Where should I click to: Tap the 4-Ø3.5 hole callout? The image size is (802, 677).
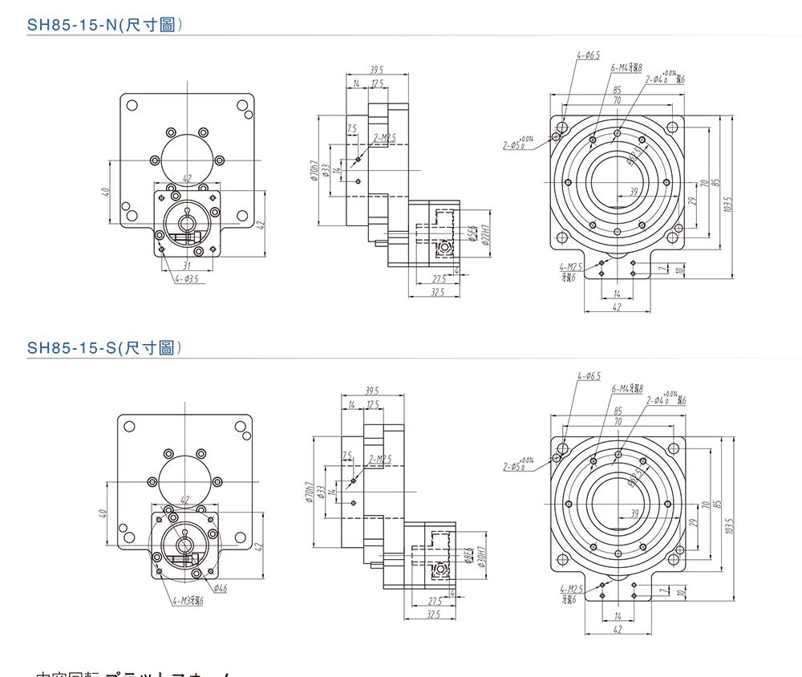(x=186, y=279)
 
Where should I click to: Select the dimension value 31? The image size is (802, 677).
(x=186, y=266)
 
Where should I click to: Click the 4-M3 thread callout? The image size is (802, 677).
(x=187, y=600)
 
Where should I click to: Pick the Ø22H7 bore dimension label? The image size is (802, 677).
(x=484, y=233)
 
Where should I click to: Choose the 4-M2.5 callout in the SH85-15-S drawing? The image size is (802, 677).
(x=571, y=589)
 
